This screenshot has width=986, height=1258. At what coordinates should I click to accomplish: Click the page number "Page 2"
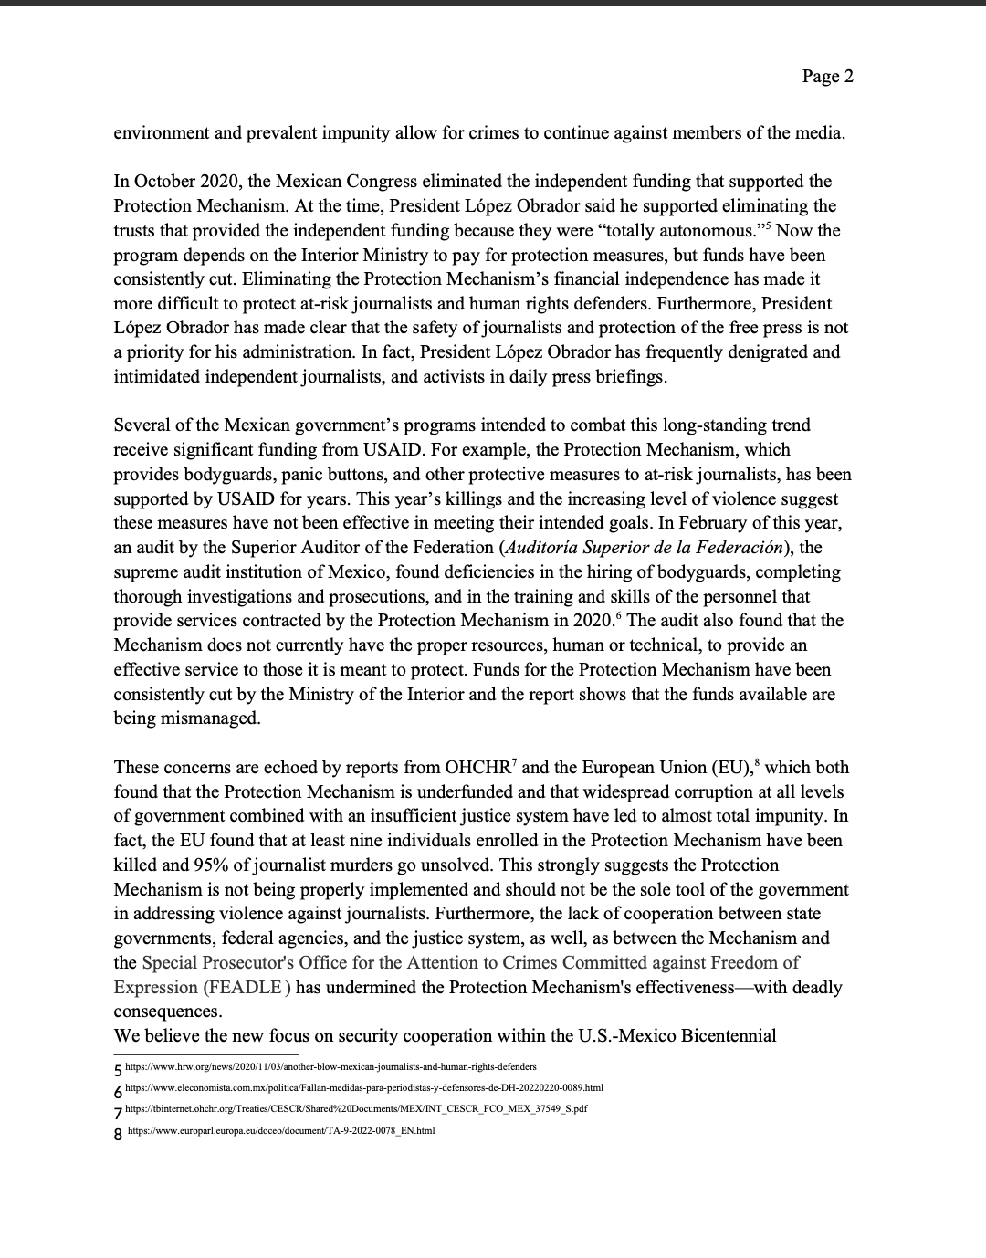827,77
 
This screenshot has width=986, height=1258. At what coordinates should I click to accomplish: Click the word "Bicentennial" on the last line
724,1036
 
